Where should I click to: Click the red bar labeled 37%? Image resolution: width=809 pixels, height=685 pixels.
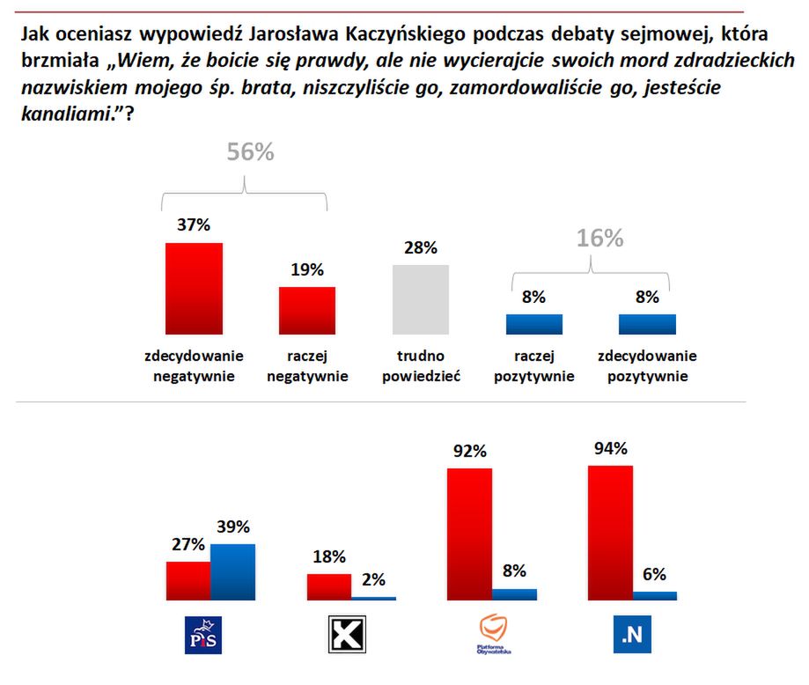195,288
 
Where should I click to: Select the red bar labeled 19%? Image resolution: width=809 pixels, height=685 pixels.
307,310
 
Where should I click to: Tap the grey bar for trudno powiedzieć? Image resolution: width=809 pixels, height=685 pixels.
420,299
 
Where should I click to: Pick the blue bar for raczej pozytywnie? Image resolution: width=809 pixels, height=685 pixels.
533,324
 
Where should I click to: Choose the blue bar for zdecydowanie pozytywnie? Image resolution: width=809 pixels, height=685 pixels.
647,324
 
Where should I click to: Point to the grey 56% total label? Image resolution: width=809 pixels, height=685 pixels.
251,152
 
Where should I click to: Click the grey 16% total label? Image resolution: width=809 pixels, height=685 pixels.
600,239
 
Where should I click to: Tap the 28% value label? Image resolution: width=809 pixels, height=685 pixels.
421,247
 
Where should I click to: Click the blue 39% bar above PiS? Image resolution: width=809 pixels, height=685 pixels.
233,571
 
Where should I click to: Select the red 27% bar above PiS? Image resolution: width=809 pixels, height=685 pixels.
188,580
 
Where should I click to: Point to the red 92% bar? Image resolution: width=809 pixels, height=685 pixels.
470,534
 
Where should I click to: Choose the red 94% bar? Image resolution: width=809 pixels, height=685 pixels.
610,532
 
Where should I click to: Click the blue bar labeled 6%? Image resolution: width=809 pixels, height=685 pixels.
655,595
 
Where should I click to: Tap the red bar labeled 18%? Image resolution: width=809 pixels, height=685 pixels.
328,586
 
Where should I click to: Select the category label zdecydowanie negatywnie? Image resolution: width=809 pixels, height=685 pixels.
195,366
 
